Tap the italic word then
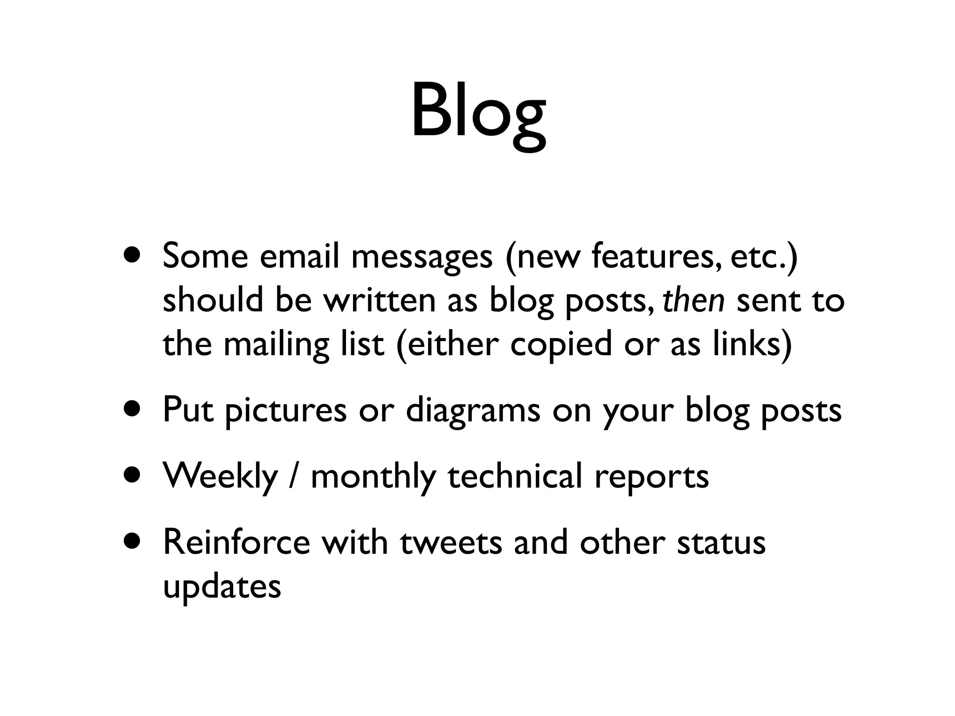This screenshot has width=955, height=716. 693,301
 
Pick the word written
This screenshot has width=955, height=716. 380,301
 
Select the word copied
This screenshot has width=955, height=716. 561,345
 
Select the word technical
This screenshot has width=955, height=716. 515,476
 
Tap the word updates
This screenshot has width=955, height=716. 222,587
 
